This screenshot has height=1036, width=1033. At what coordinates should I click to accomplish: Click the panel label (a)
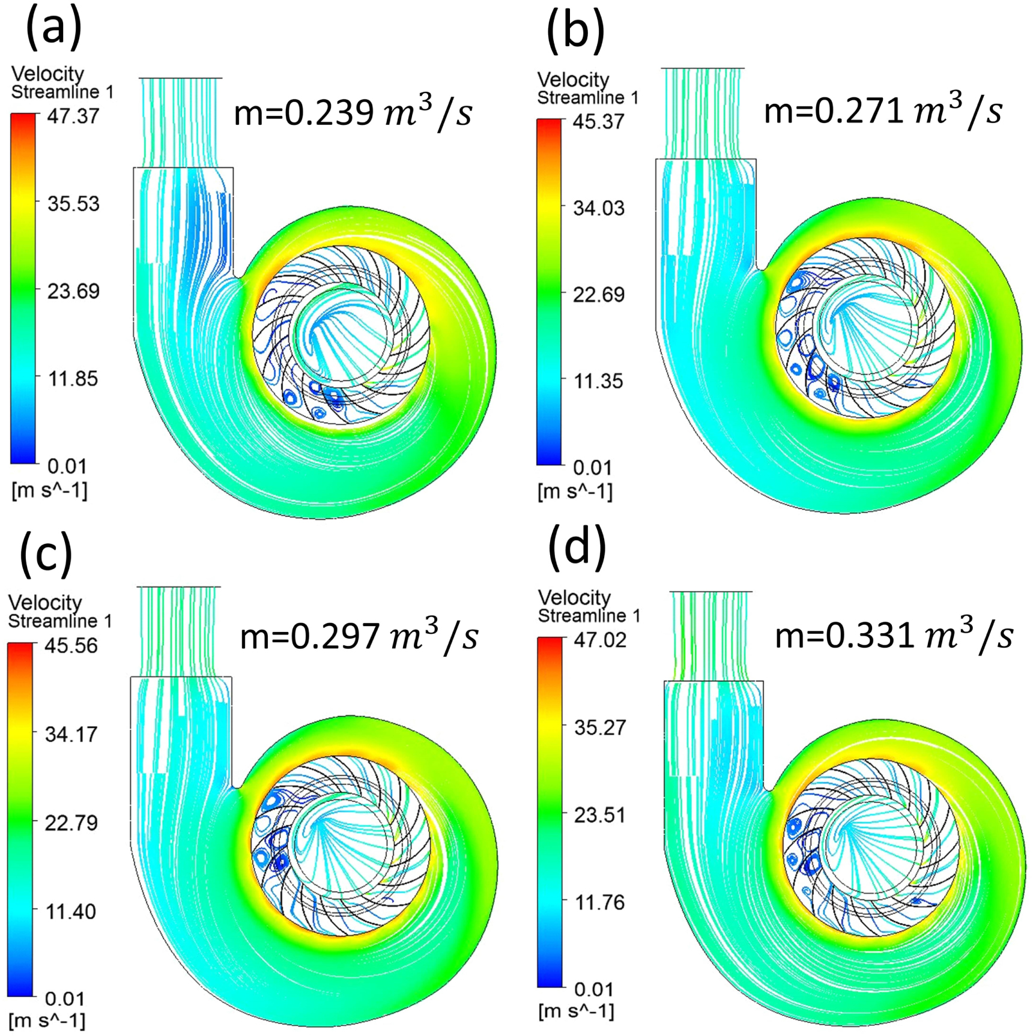pos(53,30)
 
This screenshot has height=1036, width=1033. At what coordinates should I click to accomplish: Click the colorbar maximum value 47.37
pos(73,116)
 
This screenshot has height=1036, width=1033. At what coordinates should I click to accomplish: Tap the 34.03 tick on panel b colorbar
pos(598,209)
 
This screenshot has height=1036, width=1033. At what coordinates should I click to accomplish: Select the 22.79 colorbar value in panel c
pos(71,822)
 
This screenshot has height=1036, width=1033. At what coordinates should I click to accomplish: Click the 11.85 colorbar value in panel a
pos(73,379)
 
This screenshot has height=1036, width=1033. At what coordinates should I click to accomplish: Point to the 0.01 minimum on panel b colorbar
pos(592,468)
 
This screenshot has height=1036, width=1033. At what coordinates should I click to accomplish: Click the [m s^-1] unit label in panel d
pos(576,1011)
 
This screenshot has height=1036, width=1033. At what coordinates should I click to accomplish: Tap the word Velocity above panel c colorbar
pos(45,603)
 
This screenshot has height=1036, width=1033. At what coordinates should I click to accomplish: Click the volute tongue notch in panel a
pos(240,278)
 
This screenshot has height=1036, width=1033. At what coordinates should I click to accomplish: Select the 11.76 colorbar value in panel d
pos(600,902)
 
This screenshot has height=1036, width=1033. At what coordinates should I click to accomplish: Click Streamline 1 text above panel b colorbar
pos(587,97)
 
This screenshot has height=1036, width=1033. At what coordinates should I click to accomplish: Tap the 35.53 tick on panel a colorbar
pos(73,204)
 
